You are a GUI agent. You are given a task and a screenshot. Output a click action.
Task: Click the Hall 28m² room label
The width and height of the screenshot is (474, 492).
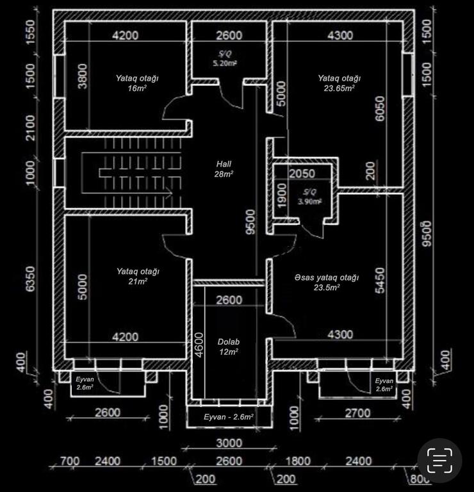click(x=224, y=169)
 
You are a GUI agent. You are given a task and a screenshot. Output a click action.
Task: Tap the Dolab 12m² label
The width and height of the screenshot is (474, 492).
click(x=229, y=347)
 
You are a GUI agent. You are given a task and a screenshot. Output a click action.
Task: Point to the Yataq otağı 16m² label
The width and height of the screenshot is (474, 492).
click(x=137, y=83)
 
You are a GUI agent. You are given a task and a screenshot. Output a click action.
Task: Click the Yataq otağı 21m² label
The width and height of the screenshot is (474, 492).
click(x=138, y=276)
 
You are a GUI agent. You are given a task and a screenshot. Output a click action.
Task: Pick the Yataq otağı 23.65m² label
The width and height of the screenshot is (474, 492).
click(x=339, y=83)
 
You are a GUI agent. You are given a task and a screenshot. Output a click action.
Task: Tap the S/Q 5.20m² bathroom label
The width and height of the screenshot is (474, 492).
click(x=225, y=58)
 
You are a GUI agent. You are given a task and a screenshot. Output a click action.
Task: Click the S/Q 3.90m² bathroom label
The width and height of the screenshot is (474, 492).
click(x=309, y=197)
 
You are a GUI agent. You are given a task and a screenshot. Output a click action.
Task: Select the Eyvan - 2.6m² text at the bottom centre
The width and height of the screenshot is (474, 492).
click(x=229, y=416)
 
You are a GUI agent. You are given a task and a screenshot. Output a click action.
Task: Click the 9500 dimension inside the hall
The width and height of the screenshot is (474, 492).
click(x=251, y=222)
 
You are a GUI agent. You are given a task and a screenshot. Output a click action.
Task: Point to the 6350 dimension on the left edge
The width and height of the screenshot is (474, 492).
click(x=31, y=279)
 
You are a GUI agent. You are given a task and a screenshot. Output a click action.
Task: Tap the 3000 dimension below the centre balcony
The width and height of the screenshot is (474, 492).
click(x=229, y=443)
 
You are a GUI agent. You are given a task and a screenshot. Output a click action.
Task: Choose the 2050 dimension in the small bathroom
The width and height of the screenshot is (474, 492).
click(x=302, y=174)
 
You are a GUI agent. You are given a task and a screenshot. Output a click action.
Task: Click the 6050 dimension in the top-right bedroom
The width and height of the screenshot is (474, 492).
click(x=380, y=108)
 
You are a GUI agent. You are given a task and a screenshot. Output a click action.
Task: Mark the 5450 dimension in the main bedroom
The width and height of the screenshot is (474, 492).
click(x=380, y=280)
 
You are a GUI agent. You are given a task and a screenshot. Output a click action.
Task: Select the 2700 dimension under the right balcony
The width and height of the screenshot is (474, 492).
click(x=357, y=413)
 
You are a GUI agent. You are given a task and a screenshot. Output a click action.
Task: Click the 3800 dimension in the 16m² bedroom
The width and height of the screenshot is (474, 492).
click(x=82, y=76)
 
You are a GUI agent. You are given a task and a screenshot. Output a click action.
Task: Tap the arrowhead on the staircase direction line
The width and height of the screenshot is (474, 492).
click(x=170, y=193)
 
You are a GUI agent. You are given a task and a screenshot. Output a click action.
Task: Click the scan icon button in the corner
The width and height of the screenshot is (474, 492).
click(x=439, y=461)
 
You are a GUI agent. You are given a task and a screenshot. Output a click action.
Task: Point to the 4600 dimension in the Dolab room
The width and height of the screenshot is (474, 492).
click(x=199, y=345)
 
